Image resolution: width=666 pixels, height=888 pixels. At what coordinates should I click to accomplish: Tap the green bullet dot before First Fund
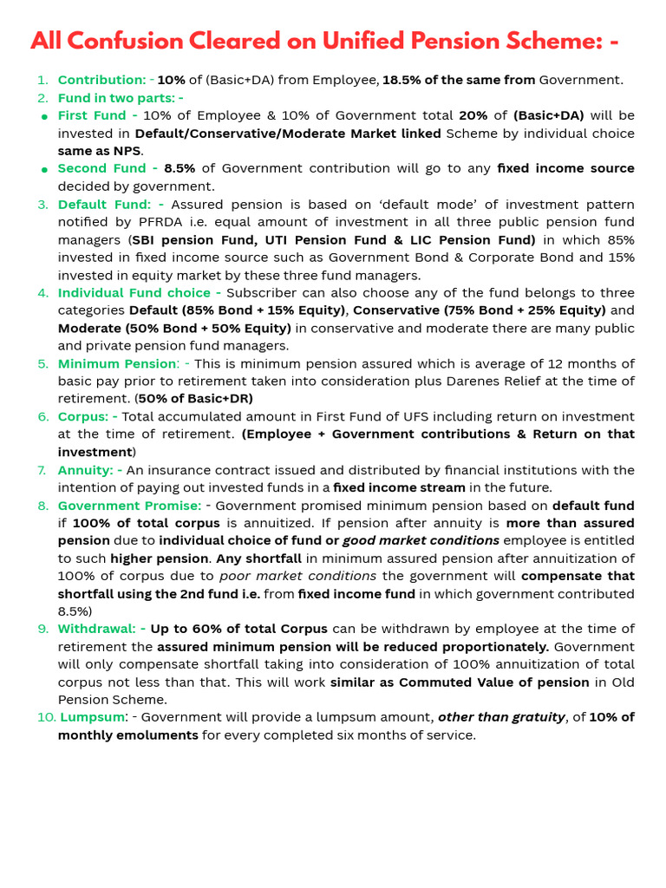pos(43,116)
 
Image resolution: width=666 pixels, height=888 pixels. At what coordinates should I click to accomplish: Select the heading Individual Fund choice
pos(134,293)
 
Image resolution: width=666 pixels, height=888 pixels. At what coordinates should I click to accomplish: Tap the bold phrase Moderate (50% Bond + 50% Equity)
pos(174,328)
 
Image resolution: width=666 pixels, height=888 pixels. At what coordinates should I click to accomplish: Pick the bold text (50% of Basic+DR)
pos(195,399)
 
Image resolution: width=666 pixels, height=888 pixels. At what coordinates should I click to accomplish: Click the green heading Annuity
pos(84,470)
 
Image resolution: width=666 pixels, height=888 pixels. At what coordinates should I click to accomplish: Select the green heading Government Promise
pos(129,506)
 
